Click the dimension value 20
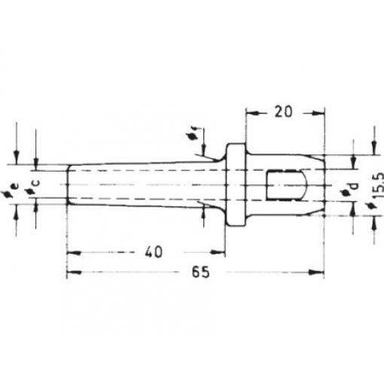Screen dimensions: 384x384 click(x=283, y=112)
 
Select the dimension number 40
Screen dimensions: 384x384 click(x=154, y=251)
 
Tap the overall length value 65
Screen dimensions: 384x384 click(x=200, y=272)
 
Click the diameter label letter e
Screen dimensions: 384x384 click(x=15, y=186)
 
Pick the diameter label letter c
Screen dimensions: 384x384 click(x=36, y=182)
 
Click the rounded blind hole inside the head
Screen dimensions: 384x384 click(x=287, y=185)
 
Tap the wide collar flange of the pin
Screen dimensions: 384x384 click(x=236, y=184)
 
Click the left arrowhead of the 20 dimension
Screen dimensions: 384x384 click(x=251, y=114)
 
